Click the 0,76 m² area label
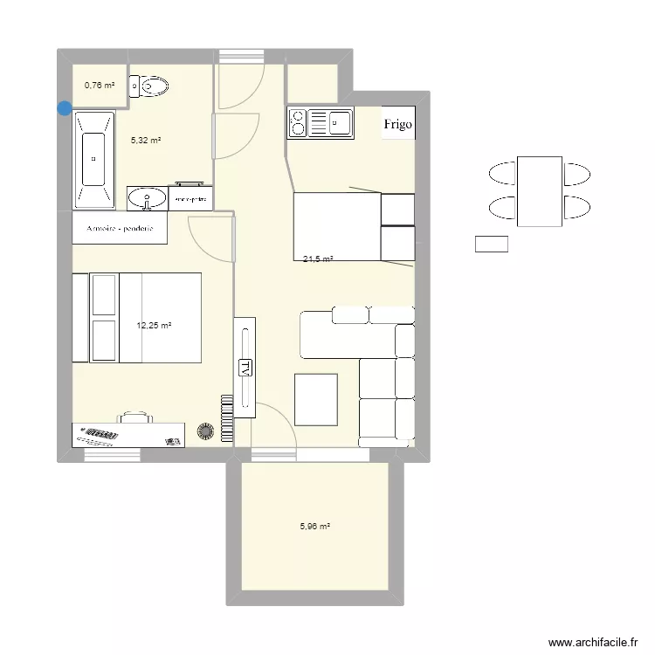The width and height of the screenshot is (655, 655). pyautogui.click(x=99, y=85)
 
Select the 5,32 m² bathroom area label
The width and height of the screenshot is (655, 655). pyautogui.click(x=146, y=140)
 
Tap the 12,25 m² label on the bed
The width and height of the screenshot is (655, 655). pyautogui.click(x=154, y=326)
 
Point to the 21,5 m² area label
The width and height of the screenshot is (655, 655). pyautogui.click(x=318, y=259)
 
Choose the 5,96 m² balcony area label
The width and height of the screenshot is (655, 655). pyautogui.click(x=314, y=527)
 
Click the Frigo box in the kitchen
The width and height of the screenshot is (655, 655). pyautogui.click(x=397, y=124)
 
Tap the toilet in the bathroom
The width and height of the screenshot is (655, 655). pyautogui.click(x=150, y=86)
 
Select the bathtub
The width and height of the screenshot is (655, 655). pyautogui.click(x=93, y=160)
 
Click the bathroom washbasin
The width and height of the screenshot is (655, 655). pyautogui.click(x=147, y=199)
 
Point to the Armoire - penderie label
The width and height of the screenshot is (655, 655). pyautogui.click(x=121, y=230)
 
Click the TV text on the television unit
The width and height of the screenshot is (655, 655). pyautogui.click(x=245, y=367)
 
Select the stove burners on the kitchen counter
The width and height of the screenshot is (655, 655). pyautogui.click(x=298, y=123)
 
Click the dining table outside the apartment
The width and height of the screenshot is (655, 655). pyautogui.click(x=539, y=191)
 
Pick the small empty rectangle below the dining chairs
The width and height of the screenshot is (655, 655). pyautogui.click(x=491, y=245)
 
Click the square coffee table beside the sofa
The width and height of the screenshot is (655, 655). pyautogui.click(x=316, y=399)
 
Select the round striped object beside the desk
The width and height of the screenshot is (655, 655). pyautogui.click(x=207, y=431)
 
